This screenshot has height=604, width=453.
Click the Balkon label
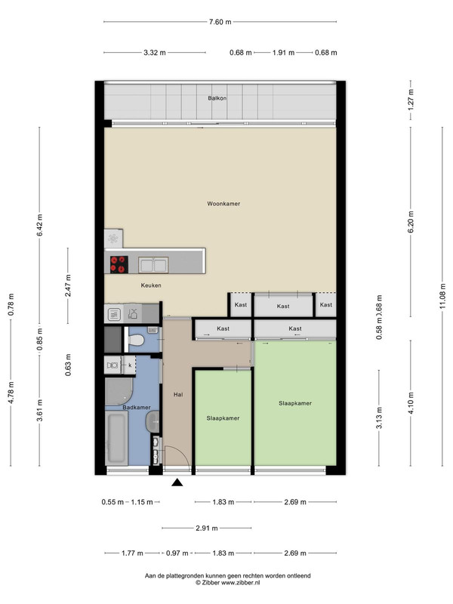tap(217, 98)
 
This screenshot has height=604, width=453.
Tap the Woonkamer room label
tap(223, 204)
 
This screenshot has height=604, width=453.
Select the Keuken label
tap(151, 285)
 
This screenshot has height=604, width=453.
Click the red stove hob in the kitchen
tap(119, 265)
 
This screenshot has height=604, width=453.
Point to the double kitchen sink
tap(153, 265)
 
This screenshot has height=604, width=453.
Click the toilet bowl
tap(136, 341)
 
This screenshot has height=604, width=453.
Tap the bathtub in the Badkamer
tap(116, 438)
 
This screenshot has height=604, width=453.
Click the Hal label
tap(178, 394)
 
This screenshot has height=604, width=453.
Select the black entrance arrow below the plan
tap(177, 482)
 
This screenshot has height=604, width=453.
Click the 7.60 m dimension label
tap(220, 22)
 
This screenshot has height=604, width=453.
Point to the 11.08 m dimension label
tap(442, 297)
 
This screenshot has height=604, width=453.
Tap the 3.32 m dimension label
tap(155, 53)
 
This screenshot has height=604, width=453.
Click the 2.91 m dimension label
tap(207, 528)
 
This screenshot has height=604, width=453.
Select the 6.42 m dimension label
tap(40, 225)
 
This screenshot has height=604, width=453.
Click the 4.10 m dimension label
tap(411, 403)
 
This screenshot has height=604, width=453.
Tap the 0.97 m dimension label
tap(177, 553)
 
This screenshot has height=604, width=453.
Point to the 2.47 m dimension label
tap(68, 285)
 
